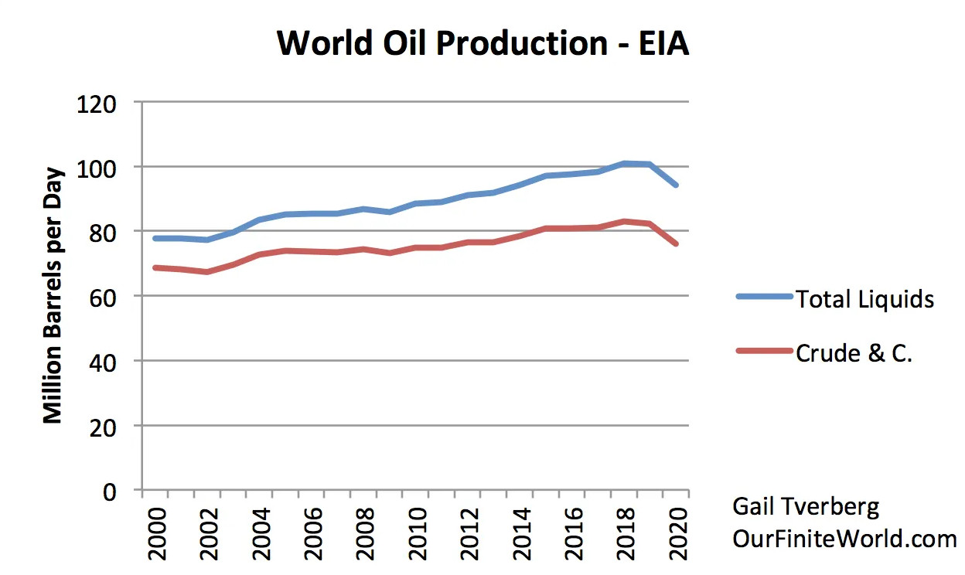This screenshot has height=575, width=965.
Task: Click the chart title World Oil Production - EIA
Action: click(x=482, y=43)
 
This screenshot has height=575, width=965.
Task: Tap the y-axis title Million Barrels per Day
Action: click(x=53, y=295)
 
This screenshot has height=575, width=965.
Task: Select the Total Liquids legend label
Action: click(x=864, y=299)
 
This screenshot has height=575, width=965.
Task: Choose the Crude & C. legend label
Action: click(x=854, y=353)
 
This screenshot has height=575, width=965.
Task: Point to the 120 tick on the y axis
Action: click(x=97, y=104)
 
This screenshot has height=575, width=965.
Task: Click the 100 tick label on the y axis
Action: click(x=97, y=169)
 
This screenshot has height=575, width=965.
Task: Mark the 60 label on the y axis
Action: click(x=103, y=298)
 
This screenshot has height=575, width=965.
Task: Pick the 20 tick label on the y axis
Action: click(x=103, y=428)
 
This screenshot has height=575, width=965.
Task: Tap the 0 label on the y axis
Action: click(x=110, y=492)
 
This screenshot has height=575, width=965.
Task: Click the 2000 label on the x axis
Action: click(x=157, y=534)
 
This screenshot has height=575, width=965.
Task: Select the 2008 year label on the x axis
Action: click(x=365, y=534)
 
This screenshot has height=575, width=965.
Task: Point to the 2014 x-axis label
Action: click(x=522, y=534)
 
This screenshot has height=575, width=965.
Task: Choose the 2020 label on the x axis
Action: click(x=678, y=534)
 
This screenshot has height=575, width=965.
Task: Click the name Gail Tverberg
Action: click(x=806, y=508)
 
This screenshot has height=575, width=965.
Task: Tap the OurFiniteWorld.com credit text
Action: click(x=844, y=539)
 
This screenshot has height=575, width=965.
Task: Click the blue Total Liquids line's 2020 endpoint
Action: click(x=676, y=185)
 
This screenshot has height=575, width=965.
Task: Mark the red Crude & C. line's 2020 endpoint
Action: click(x=676, y=243)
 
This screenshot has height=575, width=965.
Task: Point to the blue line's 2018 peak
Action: click(x=624, y=164)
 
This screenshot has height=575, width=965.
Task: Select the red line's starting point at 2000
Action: click(x=155, y=268)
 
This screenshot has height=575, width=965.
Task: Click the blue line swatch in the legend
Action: click(x=764, y=296)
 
